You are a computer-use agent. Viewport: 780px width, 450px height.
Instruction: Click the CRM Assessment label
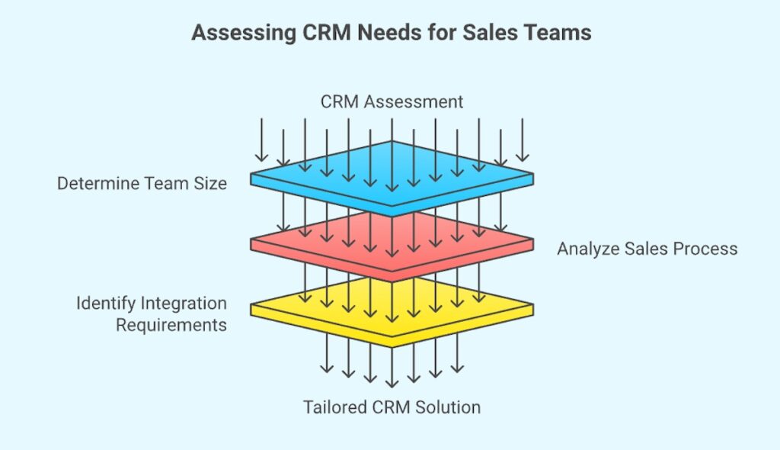coord(392,101)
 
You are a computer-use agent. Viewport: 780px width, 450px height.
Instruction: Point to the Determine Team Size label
coord(142,183)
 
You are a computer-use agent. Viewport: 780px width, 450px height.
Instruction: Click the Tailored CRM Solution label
coord(392,407)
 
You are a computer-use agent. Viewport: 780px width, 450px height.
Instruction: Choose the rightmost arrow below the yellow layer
coord(457,358)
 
